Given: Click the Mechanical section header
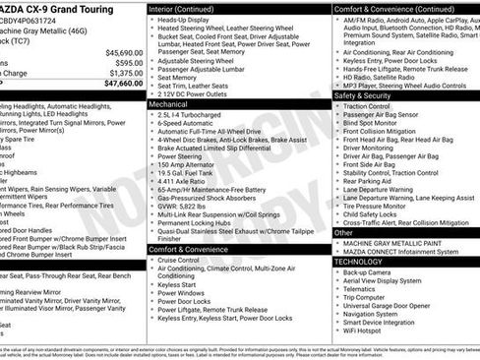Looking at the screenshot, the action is (x=169, y=102).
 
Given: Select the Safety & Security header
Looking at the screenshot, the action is (x=362, y=95).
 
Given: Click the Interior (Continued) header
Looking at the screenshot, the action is (x=182, y=9).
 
